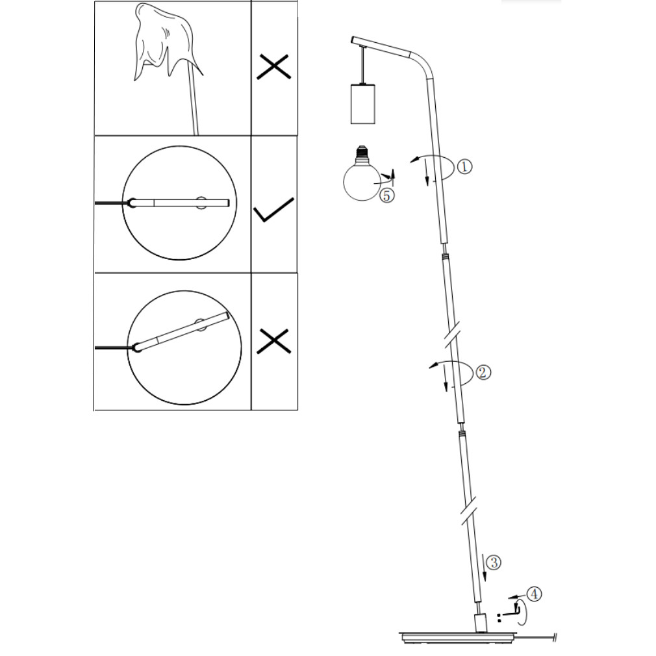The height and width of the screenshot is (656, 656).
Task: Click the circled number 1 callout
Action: click(x=464, y=166)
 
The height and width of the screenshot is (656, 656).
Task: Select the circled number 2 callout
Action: click(x=484, y=372)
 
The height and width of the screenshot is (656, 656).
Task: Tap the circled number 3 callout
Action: click(x=494, y=562)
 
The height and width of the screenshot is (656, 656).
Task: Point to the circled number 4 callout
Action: click(x=535, y=594)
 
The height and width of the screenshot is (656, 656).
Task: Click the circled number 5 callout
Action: click(x=387, y=196)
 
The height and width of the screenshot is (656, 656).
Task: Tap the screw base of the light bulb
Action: click(x=362, y=153)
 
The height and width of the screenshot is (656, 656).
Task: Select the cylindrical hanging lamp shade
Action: click(x=362, y=104)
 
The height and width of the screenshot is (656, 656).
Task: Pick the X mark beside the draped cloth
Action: click(x=273, y=66)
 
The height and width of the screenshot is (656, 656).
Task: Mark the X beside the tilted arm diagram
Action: click(x=273, y=341)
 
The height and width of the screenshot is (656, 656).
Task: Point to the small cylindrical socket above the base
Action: click(x=481, y=623)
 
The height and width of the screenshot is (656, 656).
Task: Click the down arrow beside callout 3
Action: click(x=485, y=567)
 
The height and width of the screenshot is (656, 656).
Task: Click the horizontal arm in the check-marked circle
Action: click(x=181, y=203)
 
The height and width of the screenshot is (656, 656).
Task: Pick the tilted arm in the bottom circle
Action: click(x=183, y=331)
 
